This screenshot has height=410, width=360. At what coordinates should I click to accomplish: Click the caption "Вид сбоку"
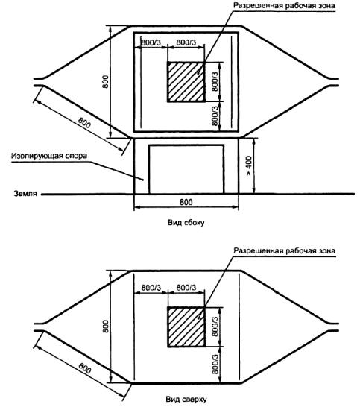tap(186, 223)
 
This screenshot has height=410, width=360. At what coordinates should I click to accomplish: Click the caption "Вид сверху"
tap(186, 400)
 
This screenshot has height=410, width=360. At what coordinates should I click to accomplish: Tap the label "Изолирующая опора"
tap(49, 156)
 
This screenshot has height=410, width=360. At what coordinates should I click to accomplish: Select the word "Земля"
tap(25, 194)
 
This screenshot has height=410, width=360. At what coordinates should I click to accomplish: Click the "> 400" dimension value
tap(249, 165)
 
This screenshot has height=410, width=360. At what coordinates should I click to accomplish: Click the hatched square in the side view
tap(186, 82)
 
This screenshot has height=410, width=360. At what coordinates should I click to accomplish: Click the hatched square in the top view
tap(186, 327)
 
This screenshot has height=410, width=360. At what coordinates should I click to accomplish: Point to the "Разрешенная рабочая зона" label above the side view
tap(284, 5)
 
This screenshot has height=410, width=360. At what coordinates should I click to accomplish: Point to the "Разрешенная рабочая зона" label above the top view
tap(284, 250)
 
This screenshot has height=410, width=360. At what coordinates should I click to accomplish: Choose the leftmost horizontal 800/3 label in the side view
tap(151, 42)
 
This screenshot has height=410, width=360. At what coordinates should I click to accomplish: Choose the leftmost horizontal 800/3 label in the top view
tap(151, 288)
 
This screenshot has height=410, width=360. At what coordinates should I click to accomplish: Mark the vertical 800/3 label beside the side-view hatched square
tap(215, 81)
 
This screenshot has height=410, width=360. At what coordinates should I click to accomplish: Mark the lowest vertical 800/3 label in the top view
tap(215, 364)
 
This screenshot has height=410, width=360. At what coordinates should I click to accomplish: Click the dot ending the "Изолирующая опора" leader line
tap(142, 180)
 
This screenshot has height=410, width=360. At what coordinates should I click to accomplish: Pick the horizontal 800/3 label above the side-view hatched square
tap(186, 42)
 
